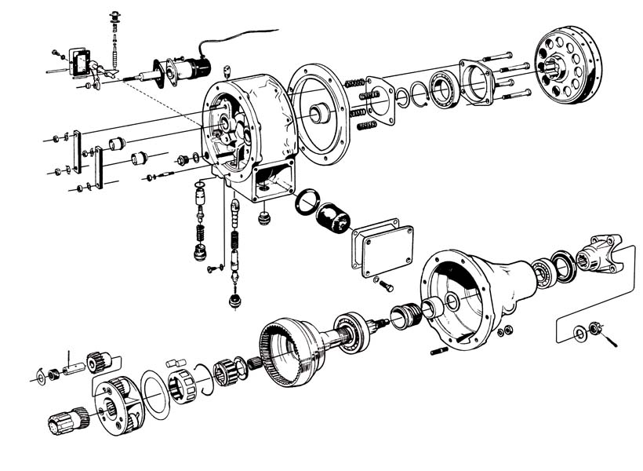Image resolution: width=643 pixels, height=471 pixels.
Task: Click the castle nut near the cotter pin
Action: pos(595,328)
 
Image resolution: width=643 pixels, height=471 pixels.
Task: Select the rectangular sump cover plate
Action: pos(383,250)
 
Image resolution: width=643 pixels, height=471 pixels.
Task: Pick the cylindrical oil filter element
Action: pos(335,217)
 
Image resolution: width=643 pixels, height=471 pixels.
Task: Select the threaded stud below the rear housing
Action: pos(440,350)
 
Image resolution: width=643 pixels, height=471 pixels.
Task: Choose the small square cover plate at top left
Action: pos(79,62)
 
